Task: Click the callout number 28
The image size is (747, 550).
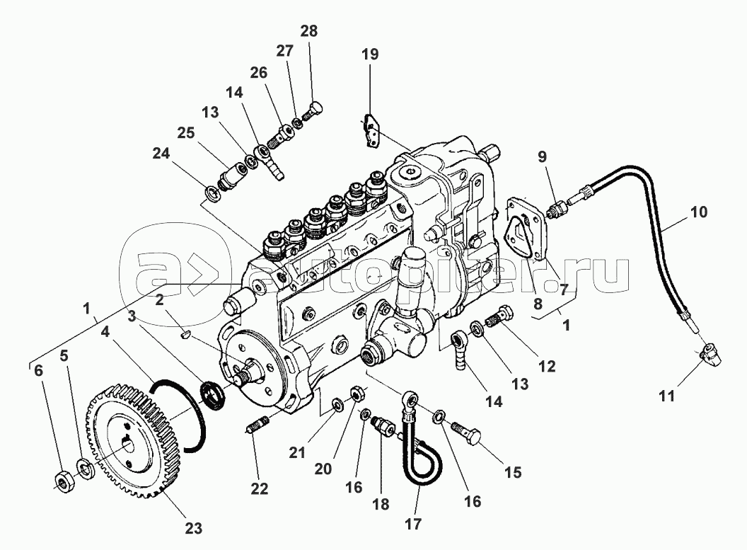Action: pyautogui.click(x=308, y=31)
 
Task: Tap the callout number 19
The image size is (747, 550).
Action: pyautogui.click(x=370, y=54)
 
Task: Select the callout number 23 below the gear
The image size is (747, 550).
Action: pyautogui.click(x=193, y=528)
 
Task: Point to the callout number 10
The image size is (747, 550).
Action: pyautogui.click(x=699, y=212)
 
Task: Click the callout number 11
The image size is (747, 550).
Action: pyautogui.click(x=667, y=396)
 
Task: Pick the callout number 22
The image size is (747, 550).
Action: pyautogui.click(x=260, y=488)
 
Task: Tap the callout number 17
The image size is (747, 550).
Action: pyautogui.click(x=413, y=524)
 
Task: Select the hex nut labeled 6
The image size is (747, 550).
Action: pyautogui.click(x=62, y=483)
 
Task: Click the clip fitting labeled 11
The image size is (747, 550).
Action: pyautogui.click(x=710, y=355)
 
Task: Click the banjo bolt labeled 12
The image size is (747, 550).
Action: pyautogui.click(x=500, y=317)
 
